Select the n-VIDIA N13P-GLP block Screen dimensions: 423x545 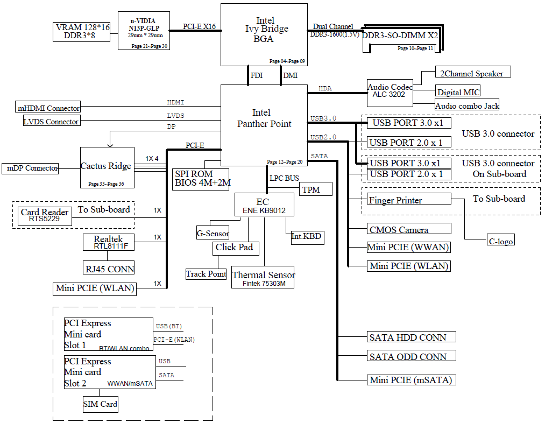point(144,31)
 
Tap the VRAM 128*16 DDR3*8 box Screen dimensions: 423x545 point(82,32)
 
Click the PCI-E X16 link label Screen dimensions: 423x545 point(199,26)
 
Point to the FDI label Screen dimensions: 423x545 point(257,76)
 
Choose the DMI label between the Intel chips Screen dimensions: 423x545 point(290,76)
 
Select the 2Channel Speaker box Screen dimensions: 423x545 point(473,73)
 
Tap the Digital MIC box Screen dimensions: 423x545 point(458,92)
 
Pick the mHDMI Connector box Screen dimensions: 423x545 point(48,108)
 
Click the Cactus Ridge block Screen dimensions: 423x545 point(106,167)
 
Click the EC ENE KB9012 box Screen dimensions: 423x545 point(263,206)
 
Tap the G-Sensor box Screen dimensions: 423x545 point(213,234)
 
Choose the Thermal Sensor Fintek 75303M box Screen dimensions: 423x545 point(264,278)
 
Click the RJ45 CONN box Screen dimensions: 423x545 point(109,268)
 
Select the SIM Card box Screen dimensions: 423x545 point(100,404)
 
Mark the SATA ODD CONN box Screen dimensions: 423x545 point(412,356)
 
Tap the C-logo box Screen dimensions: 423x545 point(500,241)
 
